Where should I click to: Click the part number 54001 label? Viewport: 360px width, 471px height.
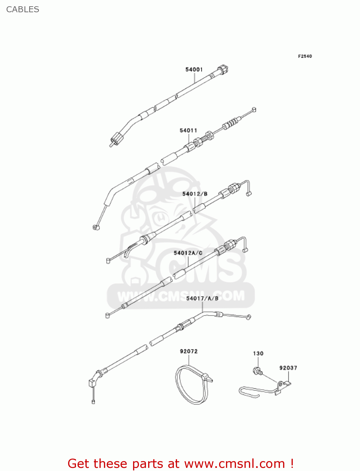pos(194,69)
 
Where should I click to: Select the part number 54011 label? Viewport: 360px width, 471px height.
pos(188,130)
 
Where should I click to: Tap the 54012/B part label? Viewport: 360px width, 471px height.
pos(195,194)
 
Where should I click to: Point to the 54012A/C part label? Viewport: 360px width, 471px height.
pos(188,253)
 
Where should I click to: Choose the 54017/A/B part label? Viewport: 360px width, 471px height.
pos(202,298)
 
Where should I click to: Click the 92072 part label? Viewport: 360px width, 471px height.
pos(189,351)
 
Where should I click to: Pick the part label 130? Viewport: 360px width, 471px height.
pos(258,354)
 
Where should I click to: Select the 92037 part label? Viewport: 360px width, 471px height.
pos(288,368)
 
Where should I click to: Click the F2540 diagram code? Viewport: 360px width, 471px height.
pos(305,56)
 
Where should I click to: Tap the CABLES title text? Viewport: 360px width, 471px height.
pos(23,9)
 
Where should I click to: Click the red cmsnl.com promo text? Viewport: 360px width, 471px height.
pos(180,463)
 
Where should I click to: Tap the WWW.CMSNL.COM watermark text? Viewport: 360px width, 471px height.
pos(181,296)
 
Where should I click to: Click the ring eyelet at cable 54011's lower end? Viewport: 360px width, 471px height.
pos(95,227)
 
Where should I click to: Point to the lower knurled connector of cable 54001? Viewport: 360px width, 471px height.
pos(117,138)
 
